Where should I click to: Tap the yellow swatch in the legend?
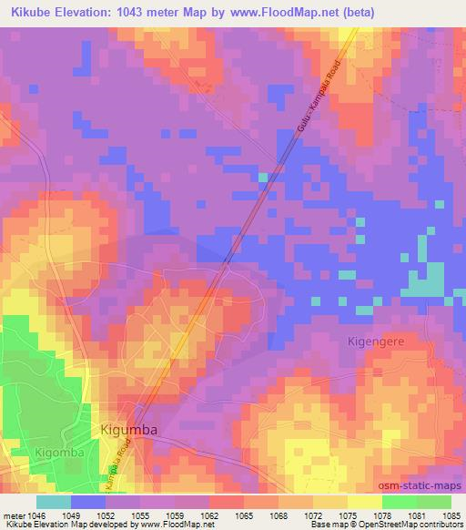[x=364, y=501]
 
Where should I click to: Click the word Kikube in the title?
[x=25, y=11]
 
